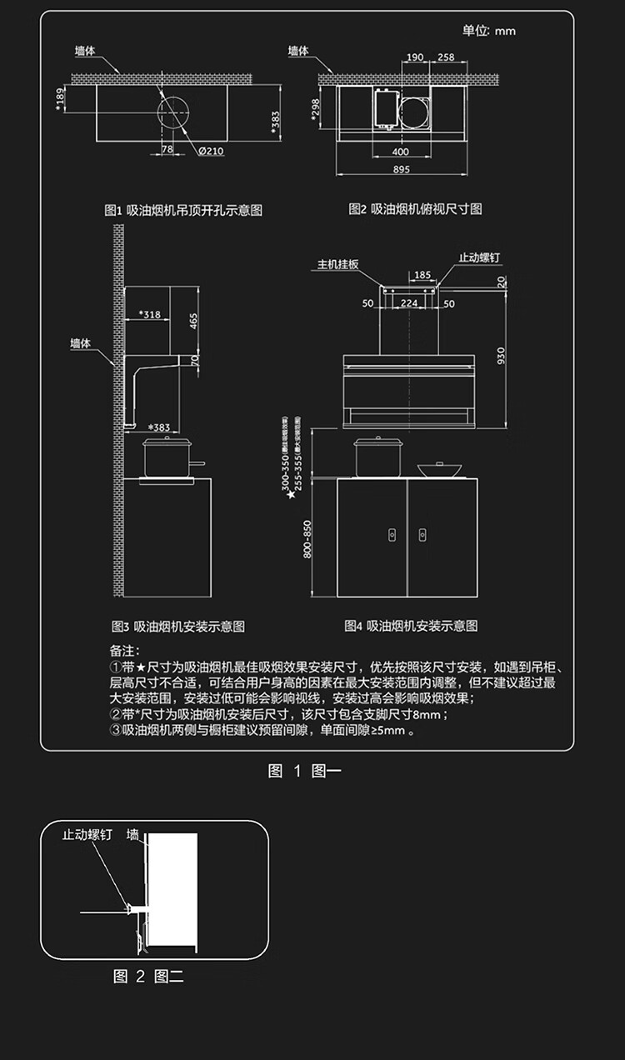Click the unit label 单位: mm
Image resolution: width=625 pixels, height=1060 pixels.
tap(489, 31)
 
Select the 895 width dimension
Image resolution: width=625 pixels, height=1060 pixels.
tap(400, 170)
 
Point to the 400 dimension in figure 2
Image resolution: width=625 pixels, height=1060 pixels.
tap(400, 152)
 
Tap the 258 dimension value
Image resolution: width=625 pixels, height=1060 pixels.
tap(446, 57)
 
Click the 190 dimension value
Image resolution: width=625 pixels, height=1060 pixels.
tap(414, 57)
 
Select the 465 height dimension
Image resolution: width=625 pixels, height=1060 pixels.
tap(193, 320)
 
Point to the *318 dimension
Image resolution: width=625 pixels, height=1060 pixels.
tap(150, 314)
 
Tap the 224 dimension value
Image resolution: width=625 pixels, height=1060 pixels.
tap(408, 303)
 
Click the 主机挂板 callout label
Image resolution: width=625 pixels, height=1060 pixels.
tap(337, 264)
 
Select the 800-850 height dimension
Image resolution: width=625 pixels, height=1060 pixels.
tap(307, 539)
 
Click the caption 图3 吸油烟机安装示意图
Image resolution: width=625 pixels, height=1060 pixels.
tap(178, 626)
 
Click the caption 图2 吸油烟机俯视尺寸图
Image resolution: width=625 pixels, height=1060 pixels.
tap(414, 209)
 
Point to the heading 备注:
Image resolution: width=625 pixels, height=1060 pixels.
tap(125, 650)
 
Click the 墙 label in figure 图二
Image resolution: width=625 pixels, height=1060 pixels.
tap(132, 834)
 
